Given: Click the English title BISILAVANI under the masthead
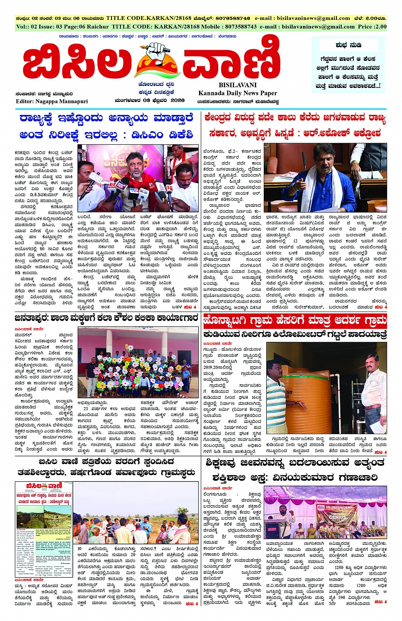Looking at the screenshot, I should coord(237,85).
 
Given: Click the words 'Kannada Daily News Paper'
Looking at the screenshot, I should coord(237,93).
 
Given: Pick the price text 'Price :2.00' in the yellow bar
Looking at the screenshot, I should coord(372,26).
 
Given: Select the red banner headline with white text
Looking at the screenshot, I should coord(294,320).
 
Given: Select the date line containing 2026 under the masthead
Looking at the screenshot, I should coord(149,100).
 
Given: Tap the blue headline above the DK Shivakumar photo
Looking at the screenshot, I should coord(106,126).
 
